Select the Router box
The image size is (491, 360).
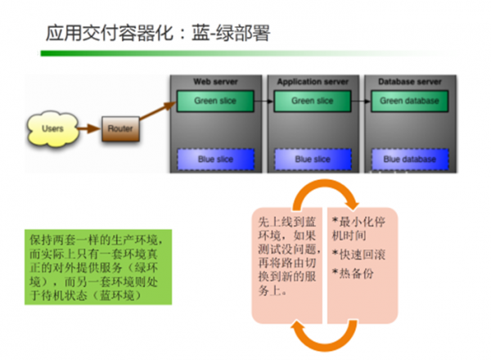(120, 128)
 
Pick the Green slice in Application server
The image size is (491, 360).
(313, 101)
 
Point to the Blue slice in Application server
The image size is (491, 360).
(313, 159)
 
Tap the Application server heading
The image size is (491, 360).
(313, 83)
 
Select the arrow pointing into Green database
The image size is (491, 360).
(361, 101)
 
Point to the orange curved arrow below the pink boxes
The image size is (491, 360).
(315, 337)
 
